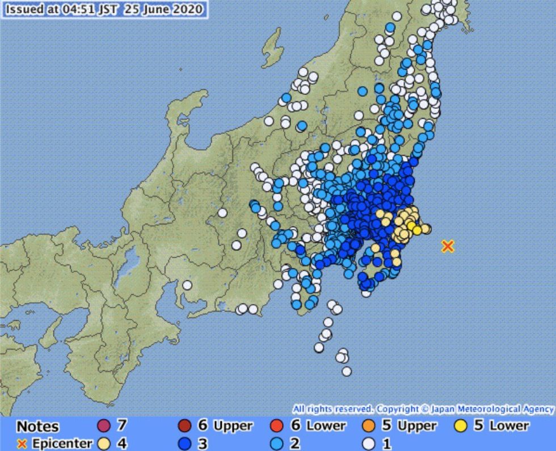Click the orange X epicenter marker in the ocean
[x=448, y=246]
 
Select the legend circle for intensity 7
[x=103, y=425]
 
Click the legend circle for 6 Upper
[x=183, y=425]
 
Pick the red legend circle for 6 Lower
[x=277, y=425]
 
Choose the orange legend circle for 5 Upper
[x=369, y=425]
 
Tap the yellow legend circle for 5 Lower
[x=461, y=425]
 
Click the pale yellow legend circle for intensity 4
[x=103, y=442]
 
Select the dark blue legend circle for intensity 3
[x=183, y=442]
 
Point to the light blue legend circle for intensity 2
[x=277, y=442]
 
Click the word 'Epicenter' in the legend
[x=62, y=443]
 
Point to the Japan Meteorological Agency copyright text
[x=423, y=408]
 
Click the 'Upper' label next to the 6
[x=233, y=425]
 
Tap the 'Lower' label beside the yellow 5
[x=509, y=425]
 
